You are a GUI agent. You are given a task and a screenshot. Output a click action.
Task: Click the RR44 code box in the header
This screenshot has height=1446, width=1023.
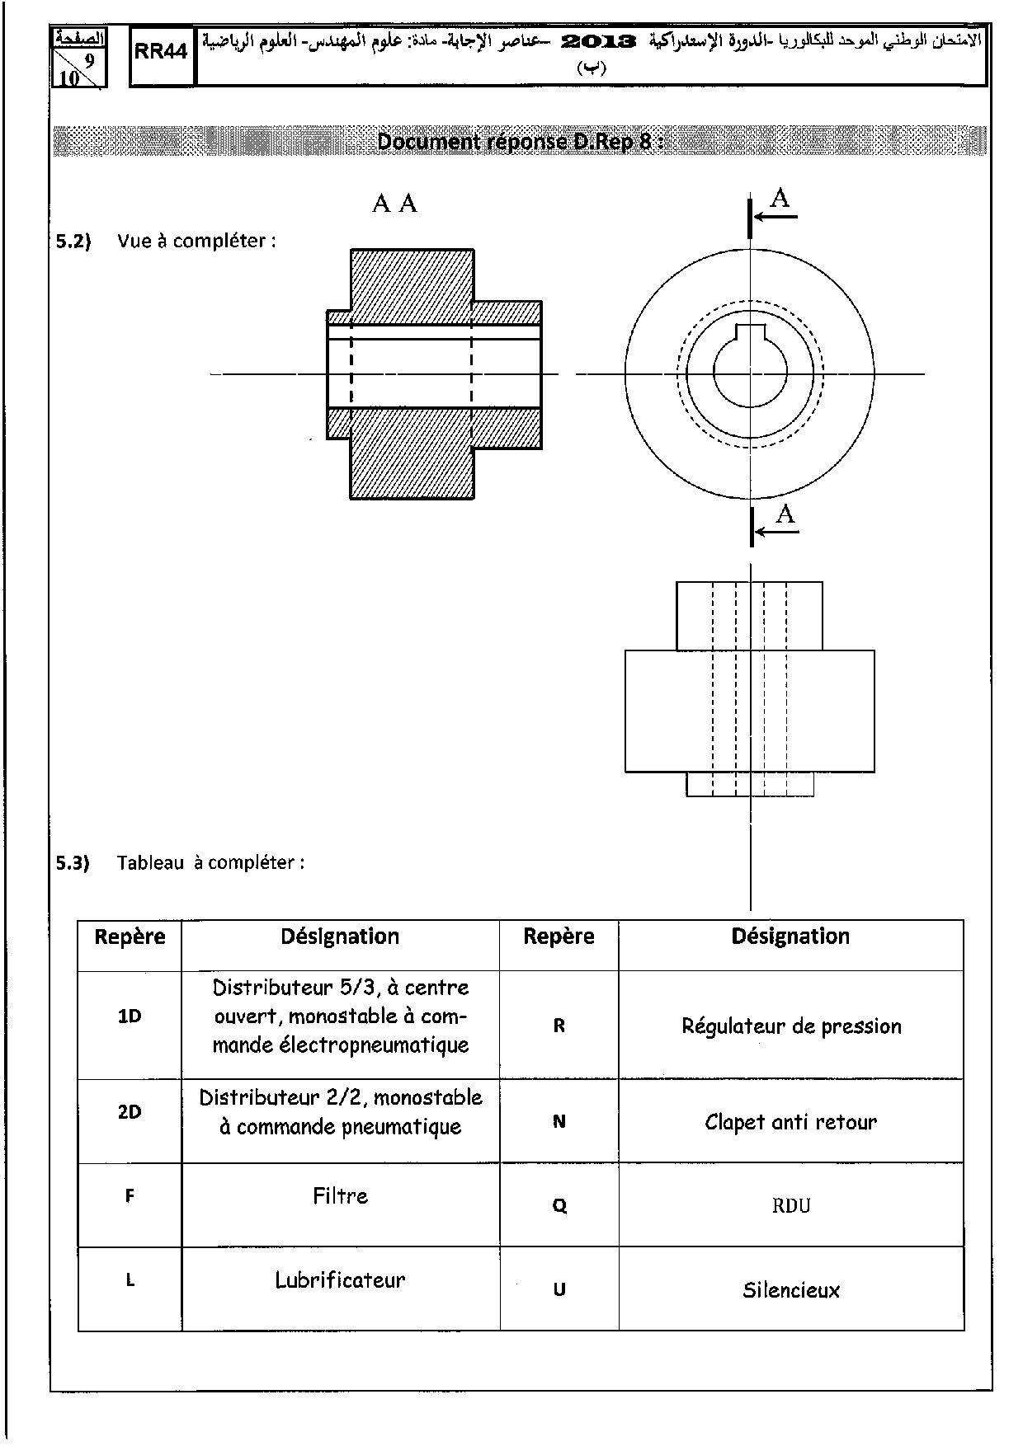pos(161,52)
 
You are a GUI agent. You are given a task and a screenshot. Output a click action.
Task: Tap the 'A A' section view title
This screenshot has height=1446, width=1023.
pos(394,204)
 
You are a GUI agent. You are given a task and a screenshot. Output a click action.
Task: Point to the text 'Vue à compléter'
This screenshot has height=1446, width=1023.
pos(196,241)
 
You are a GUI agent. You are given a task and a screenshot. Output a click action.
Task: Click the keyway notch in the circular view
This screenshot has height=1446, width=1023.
pos(750,331)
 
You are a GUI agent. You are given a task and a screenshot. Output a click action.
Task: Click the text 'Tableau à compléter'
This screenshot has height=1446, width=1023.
pos(210,862)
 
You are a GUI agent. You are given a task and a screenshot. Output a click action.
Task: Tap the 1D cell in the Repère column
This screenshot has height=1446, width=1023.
pos(130,1016)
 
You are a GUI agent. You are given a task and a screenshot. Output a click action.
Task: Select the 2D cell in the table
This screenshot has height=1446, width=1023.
pos(130,1111)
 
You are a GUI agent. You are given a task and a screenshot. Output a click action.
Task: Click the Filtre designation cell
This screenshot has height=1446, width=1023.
pos(340,1195)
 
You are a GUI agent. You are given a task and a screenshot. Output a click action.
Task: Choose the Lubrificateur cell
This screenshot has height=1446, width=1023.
pos(340,1280)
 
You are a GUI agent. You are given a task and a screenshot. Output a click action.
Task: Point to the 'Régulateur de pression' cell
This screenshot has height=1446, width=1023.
pos(791,1026)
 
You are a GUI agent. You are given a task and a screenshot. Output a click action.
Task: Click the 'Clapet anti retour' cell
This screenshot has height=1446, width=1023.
pos(790,1122)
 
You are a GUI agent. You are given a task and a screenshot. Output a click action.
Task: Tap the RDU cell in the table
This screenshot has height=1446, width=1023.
pos(790,1205)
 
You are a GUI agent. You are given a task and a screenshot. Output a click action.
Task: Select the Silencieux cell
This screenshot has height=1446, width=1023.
pos(790,1290)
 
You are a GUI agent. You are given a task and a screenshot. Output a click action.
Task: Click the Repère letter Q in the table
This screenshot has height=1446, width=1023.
pos(559,1206)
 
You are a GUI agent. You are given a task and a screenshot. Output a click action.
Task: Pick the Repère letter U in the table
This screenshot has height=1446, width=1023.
pos(559,1290)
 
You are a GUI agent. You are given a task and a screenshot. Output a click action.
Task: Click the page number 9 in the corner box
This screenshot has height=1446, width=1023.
pos(89,61)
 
